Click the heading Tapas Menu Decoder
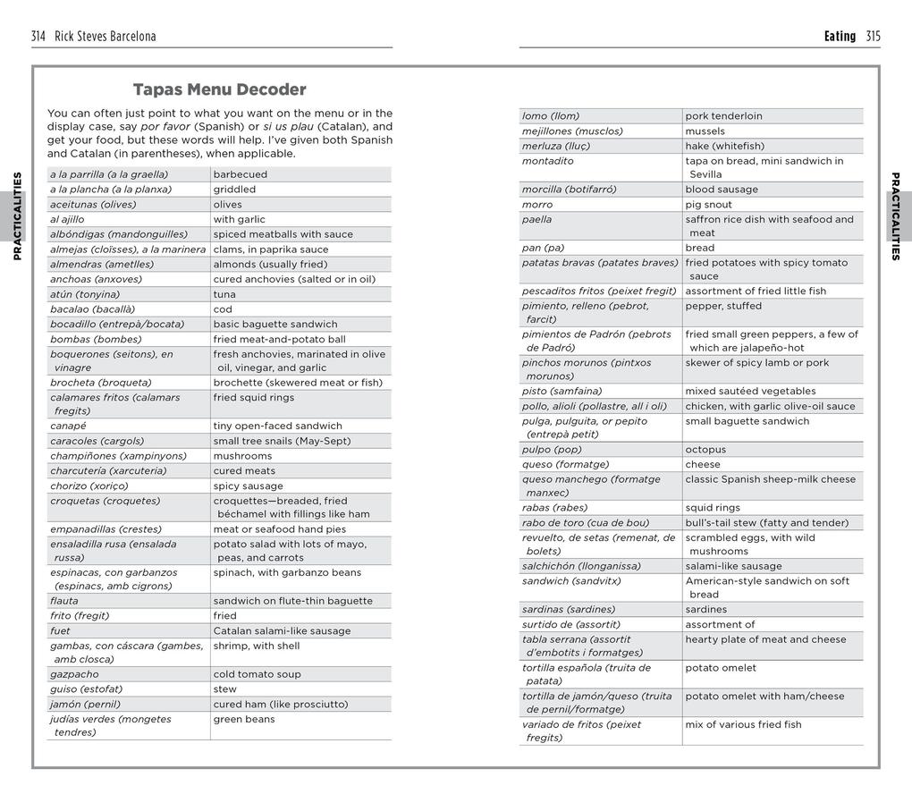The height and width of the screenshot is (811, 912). pos(219,89)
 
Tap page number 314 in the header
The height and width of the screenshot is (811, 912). pos(38,37)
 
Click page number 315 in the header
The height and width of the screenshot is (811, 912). pos(873,37)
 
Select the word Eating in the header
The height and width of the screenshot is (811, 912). pos(840,37)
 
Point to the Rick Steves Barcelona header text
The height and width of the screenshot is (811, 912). pos(105,37)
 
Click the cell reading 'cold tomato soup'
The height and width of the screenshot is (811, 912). pos(257,674)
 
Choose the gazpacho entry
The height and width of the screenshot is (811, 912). pos(74,674)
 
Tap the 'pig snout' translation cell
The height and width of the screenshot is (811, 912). pos(708,205)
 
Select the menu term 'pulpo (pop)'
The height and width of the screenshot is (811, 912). pos(552,450)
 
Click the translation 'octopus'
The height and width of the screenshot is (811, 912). pos(705,450)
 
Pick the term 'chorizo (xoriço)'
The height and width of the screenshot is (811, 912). pos(89,486)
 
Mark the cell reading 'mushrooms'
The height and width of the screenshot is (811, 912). pos(242,456)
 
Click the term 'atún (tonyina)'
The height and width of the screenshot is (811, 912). pos(86,294)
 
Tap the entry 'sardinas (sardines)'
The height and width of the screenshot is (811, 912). pos(569,610)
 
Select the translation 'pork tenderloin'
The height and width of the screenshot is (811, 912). pos(723,116)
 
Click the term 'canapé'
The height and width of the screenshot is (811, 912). pos(68,426)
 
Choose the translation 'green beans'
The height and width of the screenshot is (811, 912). pos(244,719)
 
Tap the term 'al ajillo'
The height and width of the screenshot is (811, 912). pos(67,219)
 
